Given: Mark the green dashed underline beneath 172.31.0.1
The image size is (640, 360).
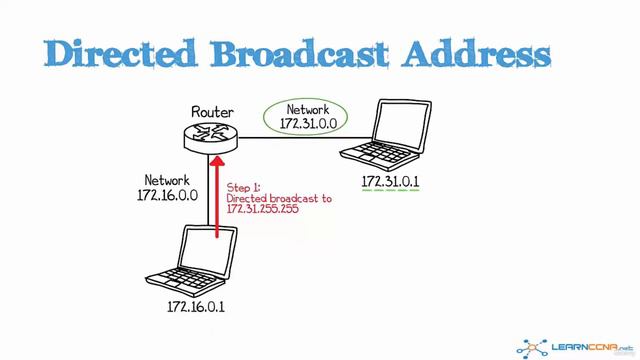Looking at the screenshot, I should (389, 193).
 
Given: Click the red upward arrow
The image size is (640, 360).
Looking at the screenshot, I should (216, 195).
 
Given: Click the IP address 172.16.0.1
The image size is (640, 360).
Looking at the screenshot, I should (196, 306).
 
